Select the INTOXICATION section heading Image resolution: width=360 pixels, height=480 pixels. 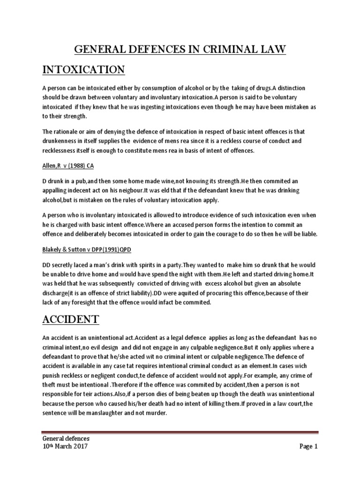(83, 70)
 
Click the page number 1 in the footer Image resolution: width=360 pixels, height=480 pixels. (316, 446)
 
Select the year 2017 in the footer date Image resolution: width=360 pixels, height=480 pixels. (78, 446)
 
